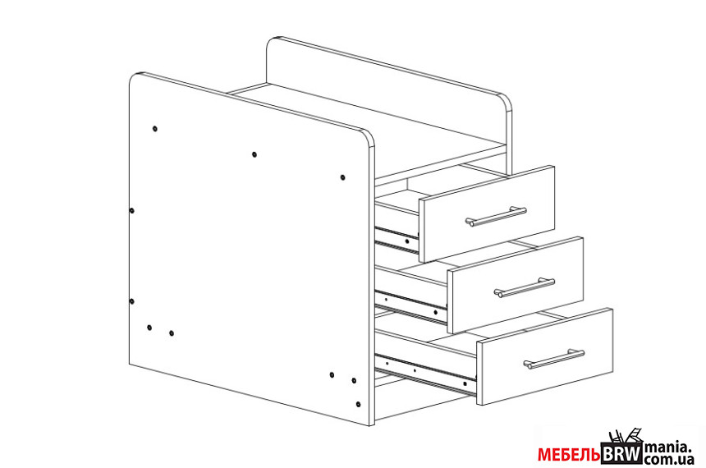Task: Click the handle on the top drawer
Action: tap(496, 216)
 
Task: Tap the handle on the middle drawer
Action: tap(525, 288)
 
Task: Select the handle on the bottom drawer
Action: tap(554, 359)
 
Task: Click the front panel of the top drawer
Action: tap(487, 214)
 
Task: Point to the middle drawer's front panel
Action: tap(516, 285)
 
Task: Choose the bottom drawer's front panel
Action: tap(545, 356)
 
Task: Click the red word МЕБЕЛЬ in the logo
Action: tap(569, 455)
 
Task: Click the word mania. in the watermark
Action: tap(668, 448)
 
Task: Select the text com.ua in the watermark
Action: tap(669, 460)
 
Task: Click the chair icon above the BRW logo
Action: tap(625, 437)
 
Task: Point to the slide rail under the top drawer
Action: tap(397, 240)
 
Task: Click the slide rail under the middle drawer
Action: tap(410, 306)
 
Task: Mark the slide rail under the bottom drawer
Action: tap(425, 374)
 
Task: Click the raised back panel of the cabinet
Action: tap(389, 105)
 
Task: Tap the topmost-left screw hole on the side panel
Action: tap(155, 129)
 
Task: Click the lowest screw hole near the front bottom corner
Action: tap(359, 404)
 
